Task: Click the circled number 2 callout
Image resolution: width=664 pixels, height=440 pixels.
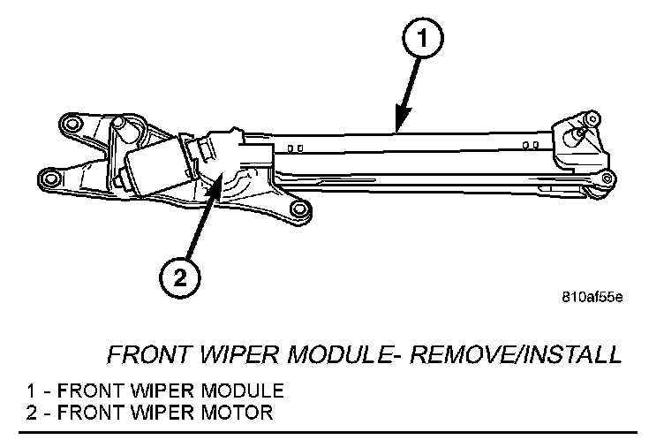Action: click(x=178, y=277)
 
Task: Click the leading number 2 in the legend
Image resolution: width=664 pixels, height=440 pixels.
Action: click(x=32, y=413)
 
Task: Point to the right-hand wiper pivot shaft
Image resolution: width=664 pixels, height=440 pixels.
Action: click(x=578, y=132)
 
